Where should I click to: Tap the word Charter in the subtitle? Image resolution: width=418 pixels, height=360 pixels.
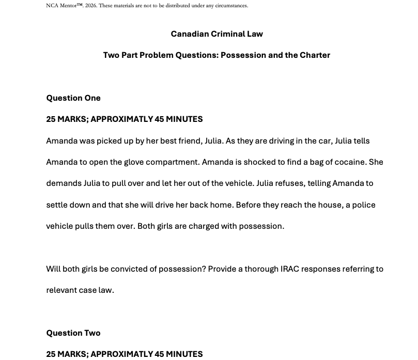tap(313, 55)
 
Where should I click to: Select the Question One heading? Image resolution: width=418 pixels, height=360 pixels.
tap(73, 98)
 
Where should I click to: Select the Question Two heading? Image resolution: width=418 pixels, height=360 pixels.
tap(73, 333)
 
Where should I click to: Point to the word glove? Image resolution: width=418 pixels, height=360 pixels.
tap(134, 162)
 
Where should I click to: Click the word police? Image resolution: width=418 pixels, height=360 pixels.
tap(363, 205)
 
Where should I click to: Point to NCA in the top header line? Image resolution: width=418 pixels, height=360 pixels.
tap(52, 6)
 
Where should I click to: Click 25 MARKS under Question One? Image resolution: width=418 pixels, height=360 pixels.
tap(66, 119)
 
